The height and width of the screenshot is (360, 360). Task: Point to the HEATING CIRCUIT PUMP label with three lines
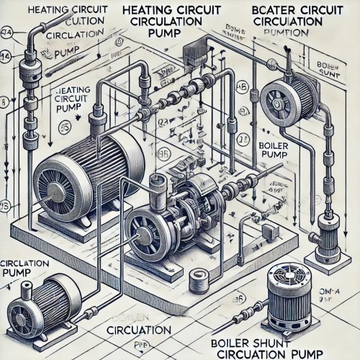[x=71, y=101]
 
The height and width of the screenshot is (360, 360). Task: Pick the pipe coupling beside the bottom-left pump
[x=93, y=312]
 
